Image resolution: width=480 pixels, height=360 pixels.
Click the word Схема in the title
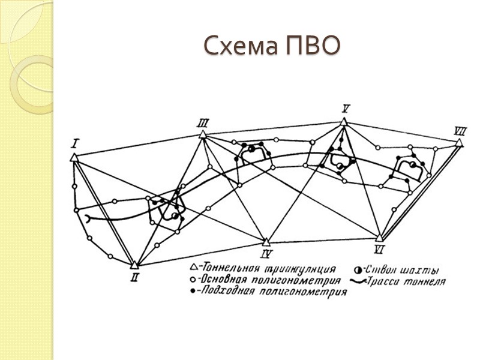click(x=238, y=46)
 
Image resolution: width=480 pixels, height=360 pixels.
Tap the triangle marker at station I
click(x=74, y=157)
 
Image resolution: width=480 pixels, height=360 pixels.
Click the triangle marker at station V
click(x=343, y=122)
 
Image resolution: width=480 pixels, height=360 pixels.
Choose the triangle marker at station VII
click(x=459, y=143)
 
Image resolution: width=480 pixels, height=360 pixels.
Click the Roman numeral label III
click(x=202, y=124)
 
